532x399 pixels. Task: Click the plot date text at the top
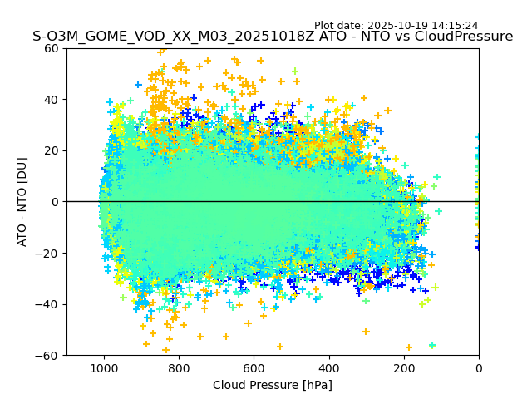(396, 26)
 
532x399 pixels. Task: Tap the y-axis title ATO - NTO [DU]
(23, 202)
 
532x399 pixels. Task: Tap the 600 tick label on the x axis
(254, 367)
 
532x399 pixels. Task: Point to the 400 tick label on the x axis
(328, 367)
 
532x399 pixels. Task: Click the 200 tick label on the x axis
(404, 367)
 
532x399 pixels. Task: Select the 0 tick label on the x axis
(479, 367)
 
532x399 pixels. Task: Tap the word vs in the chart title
(408, 37)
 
